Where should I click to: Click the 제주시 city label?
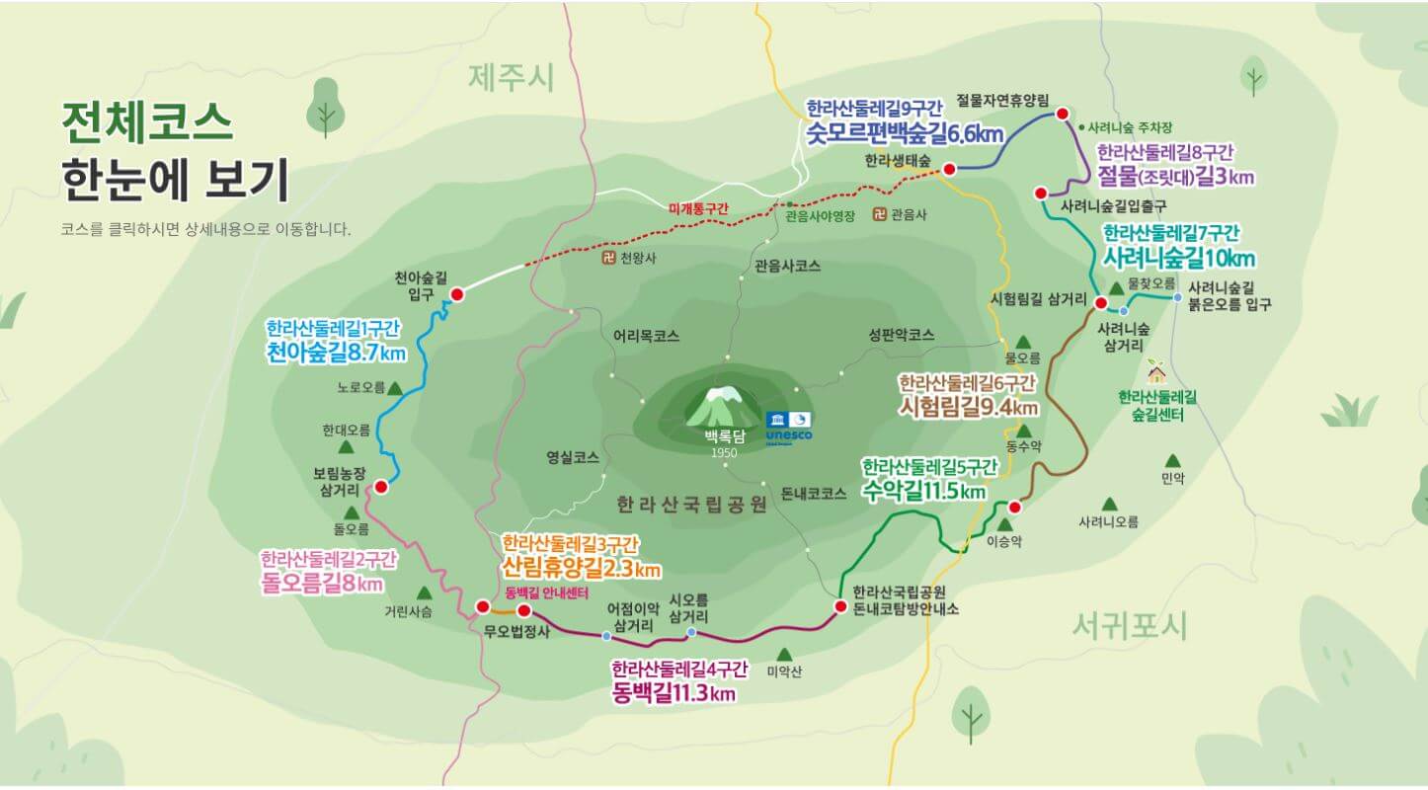512,77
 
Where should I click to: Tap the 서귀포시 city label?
1130,625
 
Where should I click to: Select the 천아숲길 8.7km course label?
336,353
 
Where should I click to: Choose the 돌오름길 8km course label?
322,583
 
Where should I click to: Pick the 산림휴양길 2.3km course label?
581,569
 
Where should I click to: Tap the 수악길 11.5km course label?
923,491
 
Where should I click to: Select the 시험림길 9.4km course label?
968,407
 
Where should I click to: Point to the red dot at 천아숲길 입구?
457,294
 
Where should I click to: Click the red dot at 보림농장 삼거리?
381,487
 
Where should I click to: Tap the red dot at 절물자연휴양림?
1063,114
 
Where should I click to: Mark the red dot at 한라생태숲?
949,170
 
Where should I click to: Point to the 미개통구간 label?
697,208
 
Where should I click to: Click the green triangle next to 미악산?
784,654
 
